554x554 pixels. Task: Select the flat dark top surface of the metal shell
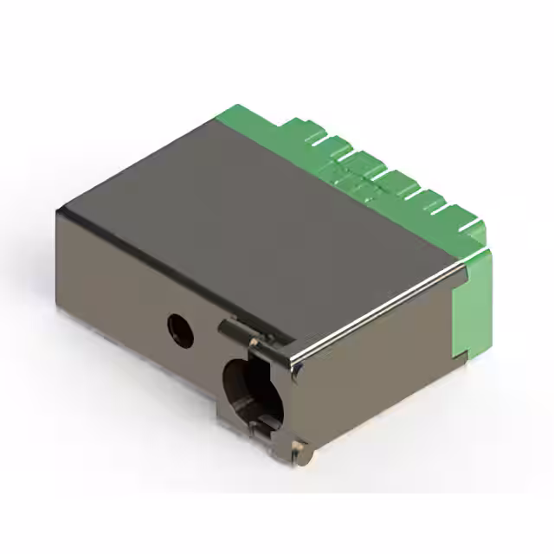[251, 216]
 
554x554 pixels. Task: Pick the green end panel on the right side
[472, 303]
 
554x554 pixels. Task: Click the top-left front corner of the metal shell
[59, 211]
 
